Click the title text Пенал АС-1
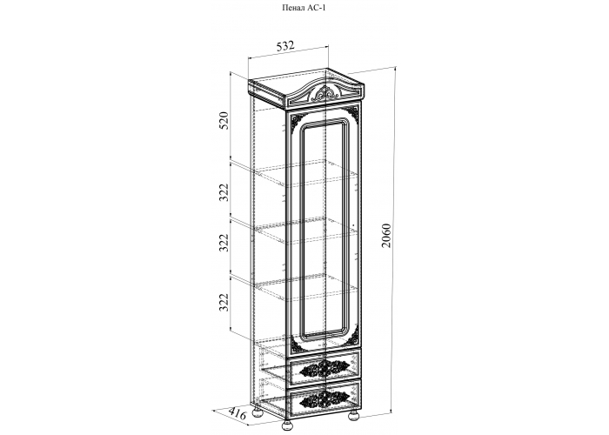(x=303, y=7)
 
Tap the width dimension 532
(x=285, y=46)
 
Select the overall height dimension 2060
(x=385, y=235)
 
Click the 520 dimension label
(x=223, y=121)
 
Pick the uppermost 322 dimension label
(x=223, y=192)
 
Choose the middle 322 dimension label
(x=223, y=243)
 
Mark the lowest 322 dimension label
(x=223, y=303)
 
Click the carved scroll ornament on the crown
(x=325, y=94)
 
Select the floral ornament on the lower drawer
(x=323, y=398)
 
